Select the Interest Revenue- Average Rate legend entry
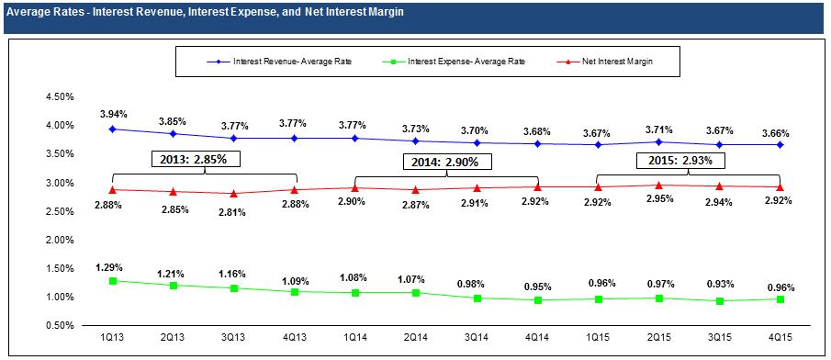(x=279, y=62)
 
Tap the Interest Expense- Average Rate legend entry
(x=454, y=62)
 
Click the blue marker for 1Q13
(x=113, y=129)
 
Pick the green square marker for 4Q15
(x=780, y=299)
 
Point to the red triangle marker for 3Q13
(x=234, y=194)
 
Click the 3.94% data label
(x=113, y=114)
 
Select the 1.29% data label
(x=113, y=265)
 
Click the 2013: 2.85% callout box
(x=197, y=159)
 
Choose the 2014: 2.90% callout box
(x=448, y=163)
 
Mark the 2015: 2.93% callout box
(x=680, y=159)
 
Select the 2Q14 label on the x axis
(x=415, y=337)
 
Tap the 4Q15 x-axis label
(x=780, y=337)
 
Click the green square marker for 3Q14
(x=477, y=298)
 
